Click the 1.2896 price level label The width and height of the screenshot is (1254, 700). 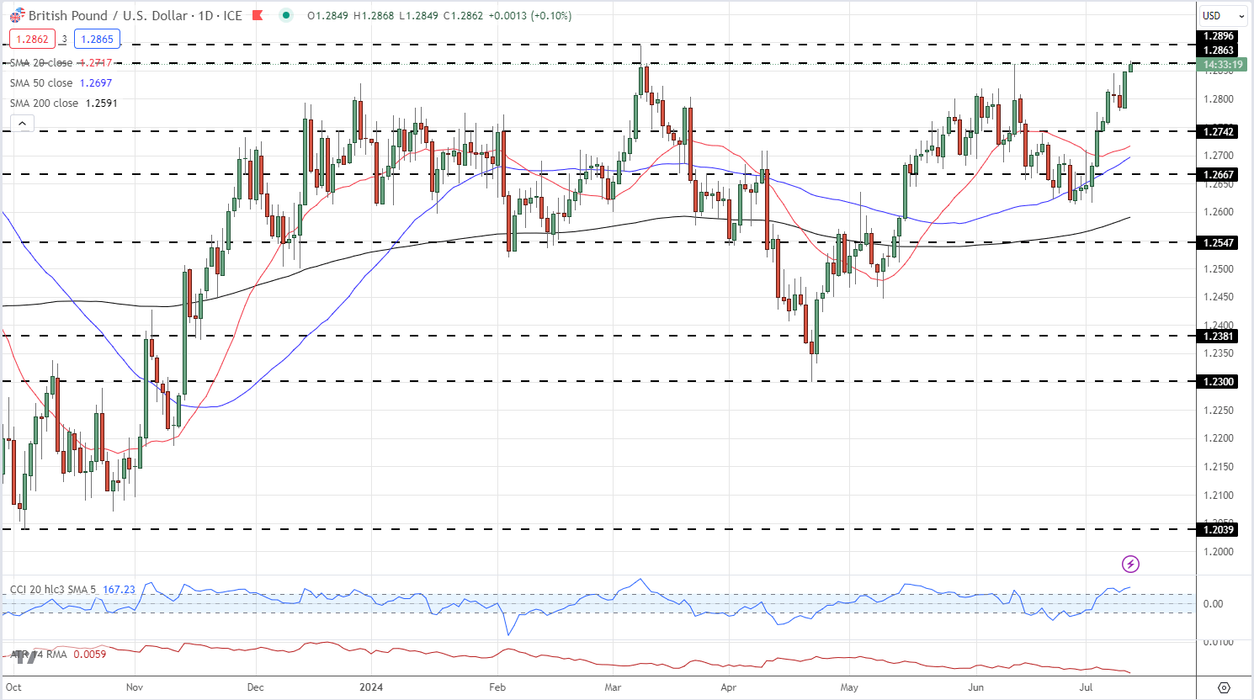click(x=1218, y=36)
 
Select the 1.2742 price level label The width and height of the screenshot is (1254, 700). click(x=1218, y=132)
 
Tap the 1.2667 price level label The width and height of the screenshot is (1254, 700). click(x=1218, y=175)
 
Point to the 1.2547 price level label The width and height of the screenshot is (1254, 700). click(x=1218, y=243)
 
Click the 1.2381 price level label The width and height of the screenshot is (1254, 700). click(x=1218, y=337)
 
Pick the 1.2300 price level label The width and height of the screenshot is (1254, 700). click(x=1218, y=382)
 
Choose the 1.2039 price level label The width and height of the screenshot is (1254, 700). click(x=1218, y=529)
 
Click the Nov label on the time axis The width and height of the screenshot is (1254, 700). click(x=135, y=687)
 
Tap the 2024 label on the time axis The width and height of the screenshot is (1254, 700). click(x=371, y=687)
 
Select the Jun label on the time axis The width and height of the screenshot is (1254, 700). click(x=976, y=687)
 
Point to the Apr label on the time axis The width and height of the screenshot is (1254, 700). click(x=729, y=687)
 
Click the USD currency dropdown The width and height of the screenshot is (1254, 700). click(x=1223, y=16)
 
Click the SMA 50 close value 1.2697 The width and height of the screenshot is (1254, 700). click(x=96, y=83)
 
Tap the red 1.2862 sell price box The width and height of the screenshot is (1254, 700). click(x=33, y=39)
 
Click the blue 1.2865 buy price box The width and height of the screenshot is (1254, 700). click(x=97, y=39)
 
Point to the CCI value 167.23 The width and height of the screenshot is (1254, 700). click(x=119, y=590)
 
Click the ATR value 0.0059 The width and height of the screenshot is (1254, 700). click(x=90, y=654)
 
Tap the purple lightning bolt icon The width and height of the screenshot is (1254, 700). click(x=1130, y=564)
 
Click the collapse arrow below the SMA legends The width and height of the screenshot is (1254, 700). click(x=23, y=124)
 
